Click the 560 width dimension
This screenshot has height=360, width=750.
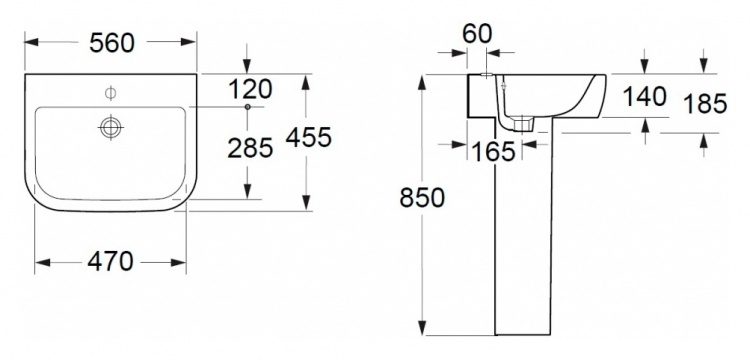click(x=112, y=43)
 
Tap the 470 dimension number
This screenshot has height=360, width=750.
click(x=110, y=262)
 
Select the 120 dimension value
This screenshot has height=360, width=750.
click(x=250, y=89)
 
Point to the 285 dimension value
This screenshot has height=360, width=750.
click(x=250, y=148)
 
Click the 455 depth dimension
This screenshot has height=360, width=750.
click(x=309, y=138)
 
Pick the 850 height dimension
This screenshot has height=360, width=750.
click(x=422, y=197)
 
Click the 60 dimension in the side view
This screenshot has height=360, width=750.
click(x=477, y=34)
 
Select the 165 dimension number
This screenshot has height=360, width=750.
click(x=493, y=152)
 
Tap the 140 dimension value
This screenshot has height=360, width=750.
click(x=644, y=97)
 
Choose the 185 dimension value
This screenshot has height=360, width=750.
click(x=705, y=104)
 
